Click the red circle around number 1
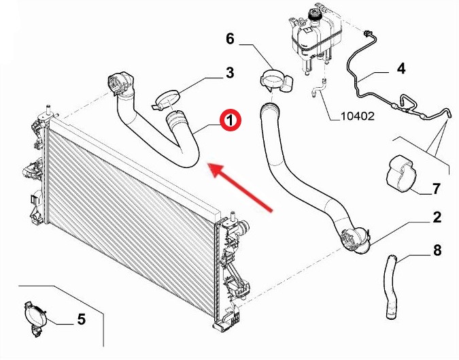[231, 120]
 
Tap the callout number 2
[437, 217]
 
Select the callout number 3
[230, 73]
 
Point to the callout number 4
[401, 69]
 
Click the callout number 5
[82, 319]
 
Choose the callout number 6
[230, 39]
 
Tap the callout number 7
[436, 189]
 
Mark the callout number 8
[437, 250]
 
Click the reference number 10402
[358, 116]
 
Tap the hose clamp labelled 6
[276, 80]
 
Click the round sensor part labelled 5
[34, 318]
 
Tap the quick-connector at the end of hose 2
[356, 240]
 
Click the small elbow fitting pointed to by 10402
[318, 88]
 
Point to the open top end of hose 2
[269, 108]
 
